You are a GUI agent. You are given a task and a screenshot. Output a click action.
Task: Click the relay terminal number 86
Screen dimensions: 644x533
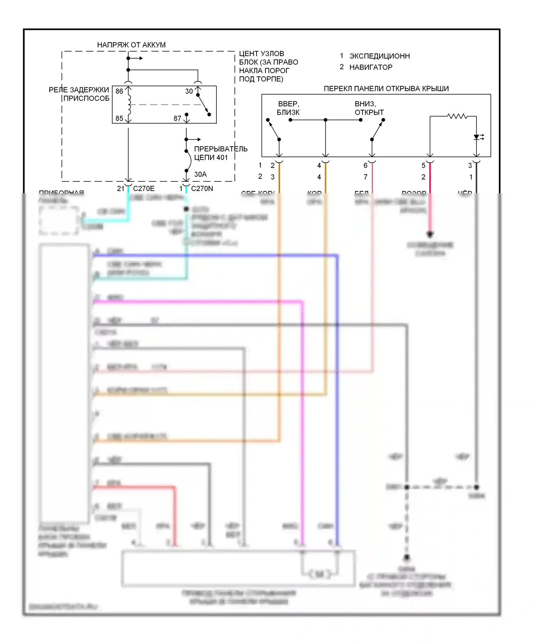[119, 91]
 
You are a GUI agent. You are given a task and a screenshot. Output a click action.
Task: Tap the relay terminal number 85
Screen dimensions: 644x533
[119, 118]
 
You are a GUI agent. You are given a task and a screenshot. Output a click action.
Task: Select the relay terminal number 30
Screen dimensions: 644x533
[189, 91]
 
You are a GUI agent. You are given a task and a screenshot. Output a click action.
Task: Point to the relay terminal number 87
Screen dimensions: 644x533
[177, 118]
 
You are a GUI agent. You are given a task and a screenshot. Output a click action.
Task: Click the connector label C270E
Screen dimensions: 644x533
[144, 189]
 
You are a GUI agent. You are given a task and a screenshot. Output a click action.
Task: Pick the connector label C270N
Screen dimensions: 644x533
[202, 189]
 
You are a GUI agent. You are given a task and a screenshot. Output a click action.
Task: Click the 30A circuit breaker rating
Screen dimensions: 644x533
[200, 174]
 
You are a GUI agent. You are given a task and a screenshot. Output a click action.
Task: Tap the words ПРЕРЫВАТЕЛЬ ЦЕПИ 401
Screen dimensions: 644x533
[220, 153]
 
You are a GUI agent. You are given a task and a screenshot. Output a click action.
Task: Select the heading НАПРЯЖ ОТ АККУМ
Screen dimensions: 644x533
[131, 45]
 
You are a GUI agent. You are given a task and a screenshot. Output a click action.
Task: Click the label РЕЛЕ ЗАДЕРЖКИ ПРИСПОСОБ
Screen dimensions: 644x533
[79, 94]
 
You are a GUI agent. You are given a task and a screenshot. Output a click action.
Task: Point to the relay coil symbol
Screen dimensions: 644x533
[129, 105]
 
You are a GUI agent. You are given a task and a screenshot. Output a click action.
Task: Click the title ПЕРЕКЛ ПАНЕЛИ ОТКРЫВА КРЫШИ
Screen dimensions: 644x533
[386, 89]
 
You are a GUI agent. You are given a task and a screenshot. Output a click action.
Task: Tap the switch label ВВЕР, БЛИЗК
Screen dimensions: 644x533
[288, 108]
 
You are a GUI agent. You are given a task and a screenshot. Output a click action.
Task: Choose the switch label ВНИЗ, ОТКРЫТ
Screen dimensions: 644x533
[369, 108]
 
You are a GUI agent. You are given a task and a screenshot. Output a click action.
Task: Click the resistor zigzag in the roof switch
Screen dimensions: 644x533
[457, 116]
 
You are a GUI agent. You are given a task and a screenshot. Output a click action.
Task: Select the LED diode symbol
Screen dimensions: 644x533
[477, 137]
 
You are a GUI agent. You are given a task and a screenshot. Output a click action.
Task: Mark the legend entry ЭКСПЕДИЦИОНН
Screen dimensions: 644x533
[379, 56]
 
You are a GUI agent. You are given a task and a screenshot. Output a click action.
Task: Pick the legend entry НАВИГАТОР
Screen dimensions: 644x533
[371, 67]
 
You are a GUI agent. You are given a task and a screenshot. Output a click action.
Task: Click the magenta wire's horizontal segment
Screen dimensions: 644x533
[199, 302]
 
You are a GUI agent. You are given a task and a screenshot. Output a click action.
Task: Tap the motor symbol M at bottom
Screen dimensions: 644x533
[319, 574]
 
